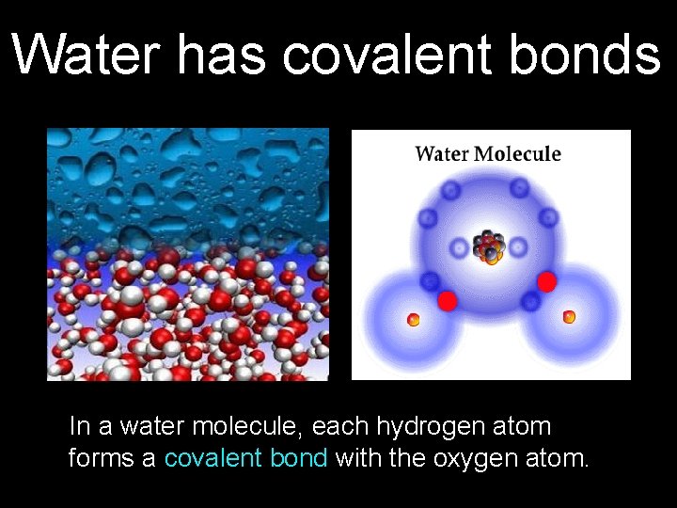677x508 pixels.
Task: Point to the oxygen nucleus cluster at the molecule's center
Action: [x=489, y=246]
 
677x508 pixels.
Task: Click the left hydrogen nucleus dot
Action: [x=412, y=320]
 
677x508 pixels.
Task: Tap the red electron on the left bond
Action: [x=448, y=300]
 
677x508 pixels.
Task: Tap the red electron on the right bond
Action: [x=546, y=281]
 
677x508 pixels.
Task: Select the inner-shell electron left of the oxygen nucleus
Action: [x=460, y=248]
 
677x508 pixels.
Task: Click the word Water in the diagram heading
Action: [x=446, y=153]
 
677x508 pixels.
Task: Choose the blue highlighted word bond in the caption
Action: [x=298, y=458]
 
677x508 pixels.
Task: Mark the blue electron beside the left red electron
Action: [x=431, y=280]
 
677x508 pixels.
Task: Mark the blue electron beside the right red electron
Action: [x=531, y=301]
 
